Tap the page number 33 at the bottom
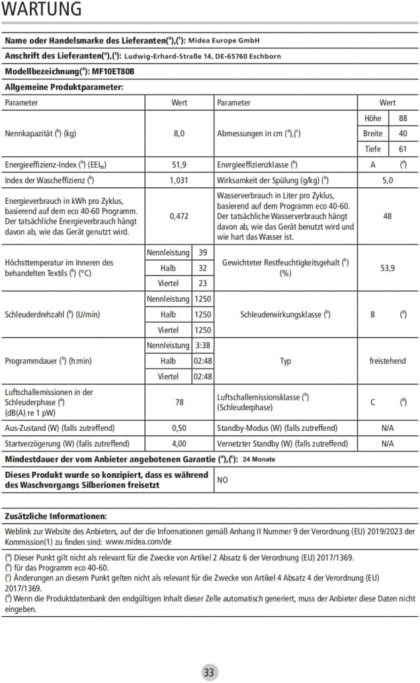tap(209, 672)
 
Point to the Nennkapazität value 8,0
tap(179, 134)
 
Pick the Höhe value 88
tap(403, 118)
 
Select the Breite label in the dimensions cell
tap(373, 134)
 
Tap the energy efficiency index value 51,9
tap(179, 165)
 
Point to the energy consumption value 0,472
tap(179, 216)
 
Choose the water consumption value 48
tap(388, 216)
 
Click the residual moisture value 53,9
tap(388, 267)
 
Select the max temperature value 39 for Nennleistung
tap(202, 252)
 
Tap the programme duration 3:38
tap(202, 345)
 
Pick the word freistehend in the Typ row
tap(388, 361)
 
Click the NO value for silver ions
tap(222, 480)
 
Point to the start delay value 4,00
tap(179, 443)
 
